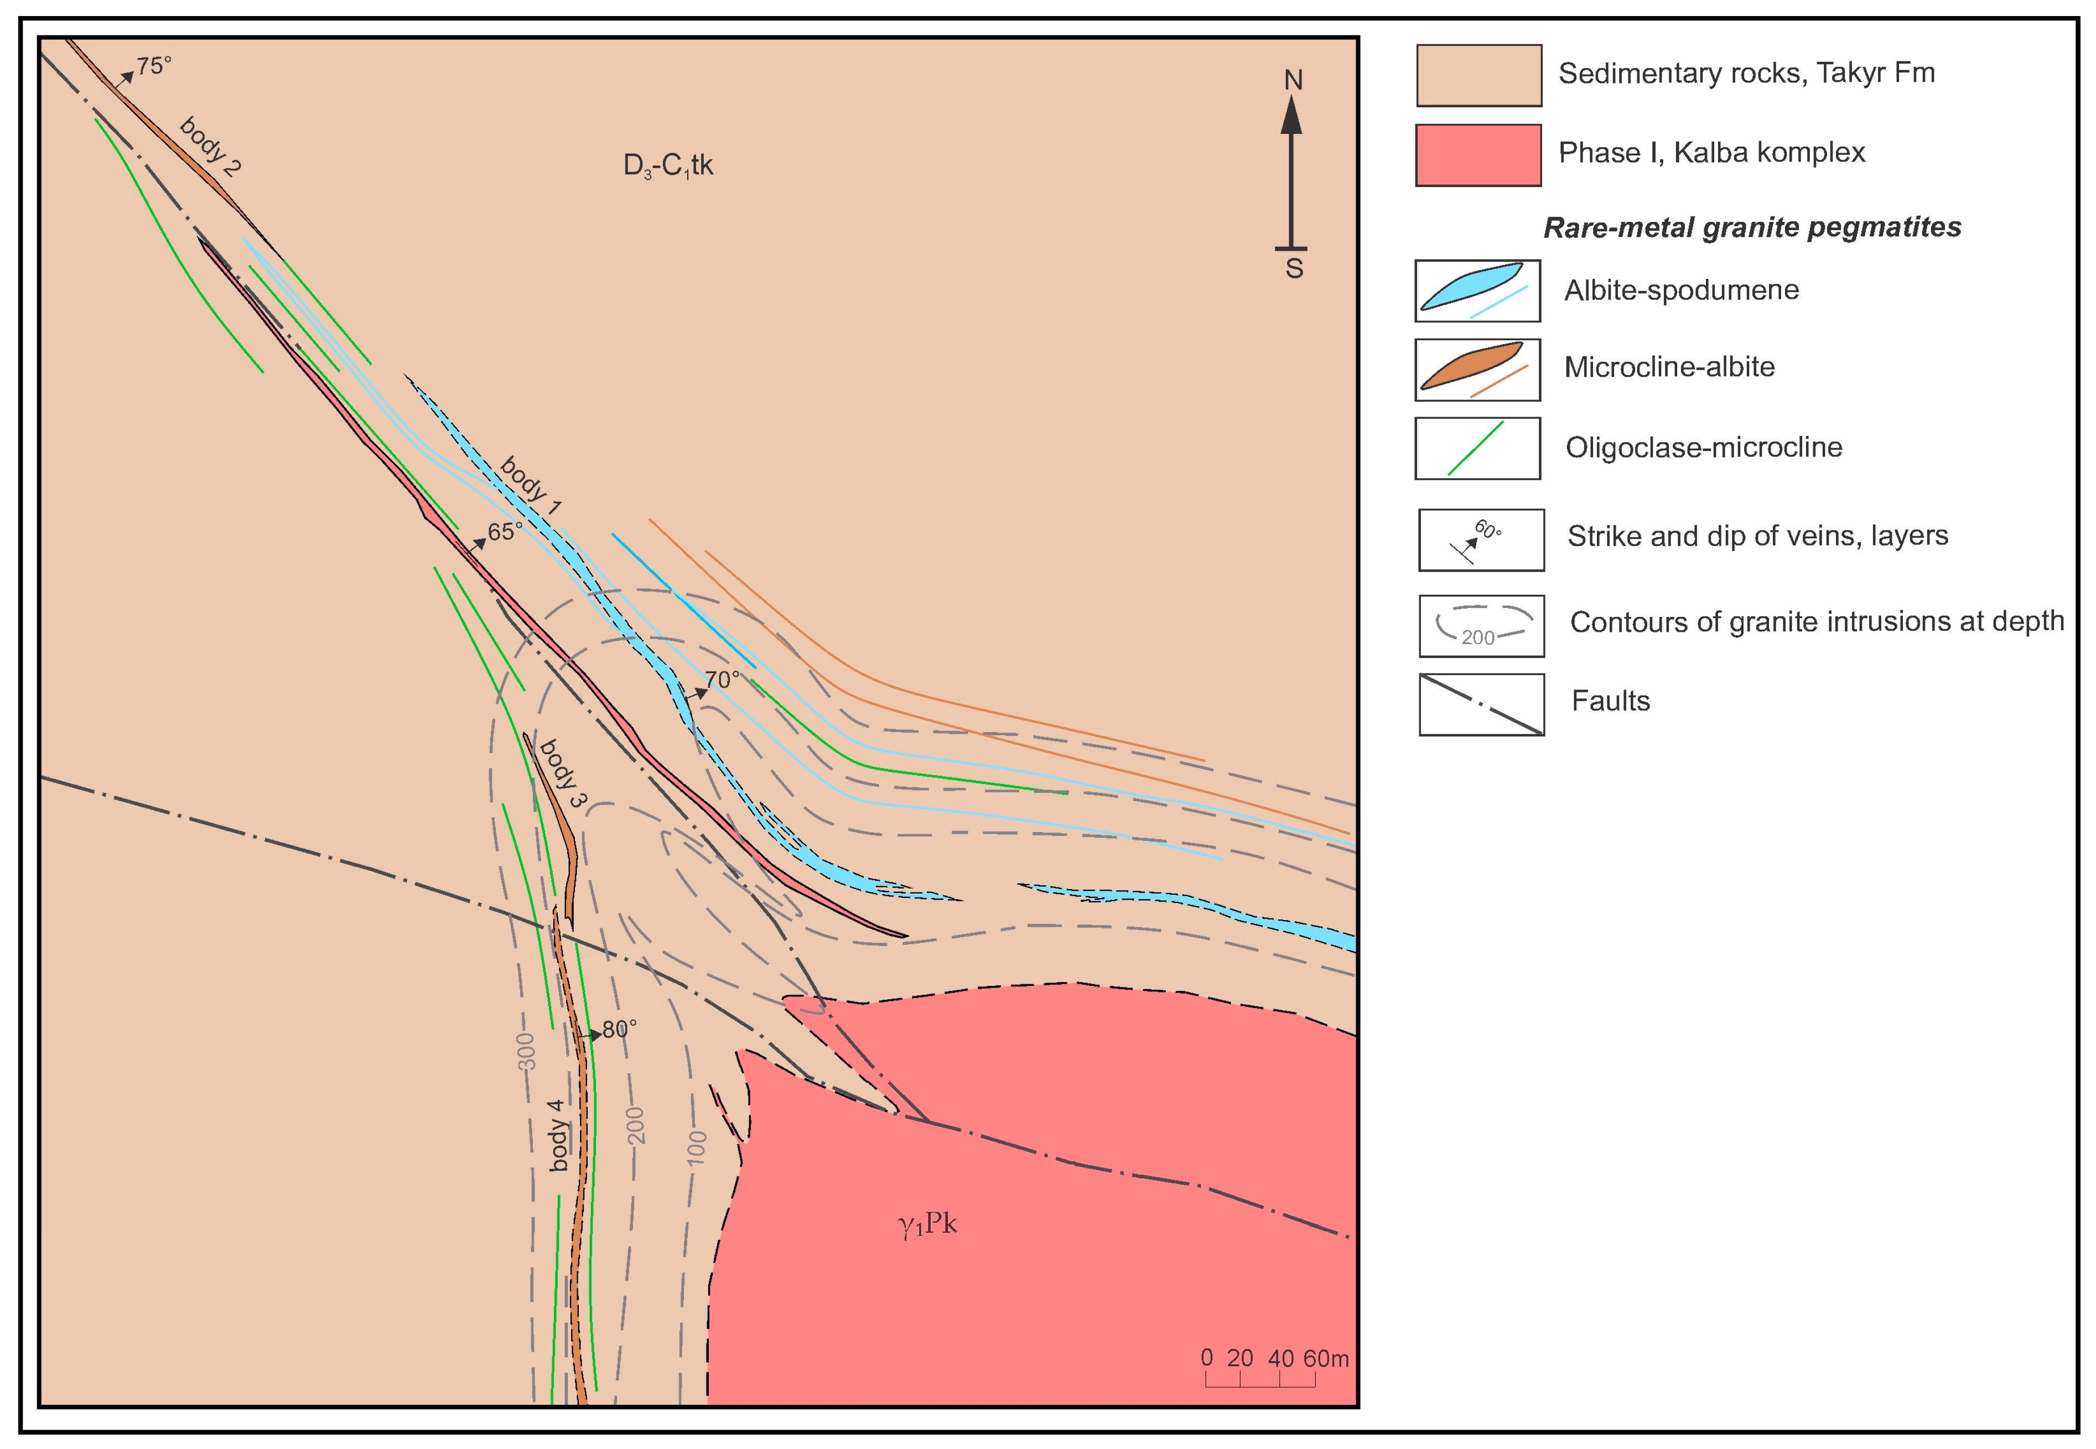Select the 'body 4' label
pos(557,1135)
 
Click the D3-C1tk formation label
pos(668,166)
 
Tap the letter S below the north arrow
pos(1294,269)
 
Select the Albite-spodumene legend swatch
pos(1477,290)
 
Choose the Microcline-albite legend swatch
pos(1477,370)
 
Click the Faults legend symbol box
pos(1481,704)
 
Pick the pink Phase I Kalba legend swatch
pos(1478,155)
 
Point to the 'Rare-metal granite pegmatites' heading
pos(1752,227)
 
